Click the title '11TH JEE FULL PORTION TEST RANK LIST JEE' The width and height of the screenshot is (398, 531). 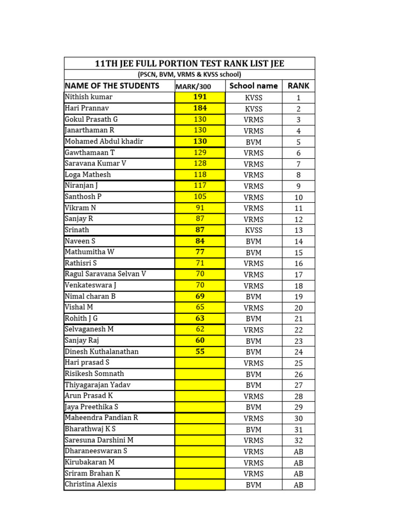(x=189, y=64)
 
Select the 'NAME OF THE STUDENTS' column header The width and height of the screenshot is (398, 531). (x=112, y=86)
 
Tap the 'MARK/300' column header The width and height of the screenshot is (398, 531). (x=200, y=86)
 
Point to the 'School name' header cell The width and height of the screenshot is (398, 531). (x=253, y=86)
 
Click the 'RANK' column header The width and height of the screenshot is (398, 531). (x=298, y=86)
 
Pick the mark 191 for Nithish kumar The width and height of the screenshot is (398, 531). (x=200, y=97)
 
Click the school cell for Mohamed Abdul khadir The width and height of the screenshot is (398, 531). (x=253, y=142)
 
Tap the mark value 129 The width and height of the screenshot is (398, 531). (x=200, y=152)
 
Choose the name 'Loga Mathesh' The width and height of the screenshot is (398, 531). (x=88, y=174)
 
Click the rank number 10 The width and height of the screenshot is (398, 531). (x=298, y=197)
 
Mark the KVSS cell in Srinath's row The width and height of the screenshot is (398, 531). (x=253, y=230)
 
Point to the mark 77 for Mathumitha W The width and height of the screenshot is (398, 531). (x=200, y=252)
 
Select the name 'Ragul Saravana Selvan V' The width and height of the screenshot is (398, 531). (x=105, y=274)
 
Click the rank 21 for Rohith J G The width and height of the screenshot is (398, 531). (x=298, y=318)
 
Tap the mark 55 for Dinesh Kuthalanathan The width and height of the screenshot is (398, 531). (x=200, y=352)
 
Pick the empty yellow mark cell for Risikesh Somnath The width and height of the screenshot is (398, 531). (x=200, y=374)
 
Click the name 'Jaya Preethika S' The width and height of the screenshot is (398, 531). (x=91, y=407)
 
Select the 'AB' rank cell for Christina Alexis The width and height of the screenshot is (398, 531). (x=298, y=485)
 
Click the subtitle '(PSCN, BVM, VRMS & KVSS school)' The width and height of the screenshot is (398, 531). (x=189, y=75)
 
